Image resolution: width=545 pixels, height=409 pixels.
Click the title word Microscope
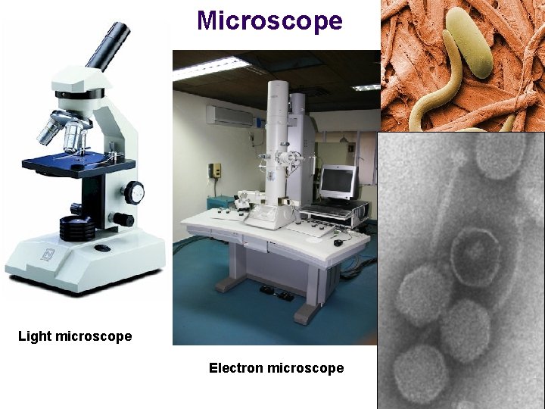coord(269,20)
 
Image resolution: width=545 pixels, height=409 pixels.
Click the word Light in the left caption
coord(33,336)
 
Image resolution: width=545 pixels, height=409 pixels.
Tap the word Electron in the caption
coord(235,368)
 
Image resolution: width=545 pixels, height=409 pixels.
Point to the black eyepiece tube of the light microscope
coord(107,47)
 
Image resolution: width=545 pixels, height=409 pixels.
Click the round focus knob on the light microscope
coord(135,192)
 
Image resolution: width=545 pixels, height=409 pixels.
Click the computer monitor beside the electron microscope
coord(338,181)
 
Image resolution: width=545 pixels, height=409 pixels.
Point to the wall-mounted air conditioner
coord(231,116)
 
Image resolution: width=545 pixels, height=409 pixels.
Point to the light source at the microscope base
coord(78,228)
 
